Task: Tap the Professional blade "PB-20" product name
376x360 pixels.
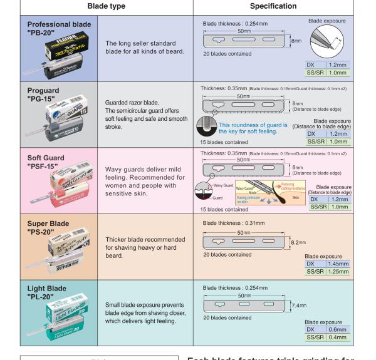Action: pyautogui.click(x=55, y=28)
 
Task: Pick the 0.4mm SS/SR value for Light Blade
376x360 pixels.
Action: pyautogui.click(x=337, y=337)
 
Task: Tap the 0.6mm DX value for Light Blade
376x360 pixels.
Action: pyautogui.click(x=337, y=329)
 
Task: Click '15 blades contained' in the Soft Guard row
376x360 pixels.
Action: pyautogui.click(x=224, y=209)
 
